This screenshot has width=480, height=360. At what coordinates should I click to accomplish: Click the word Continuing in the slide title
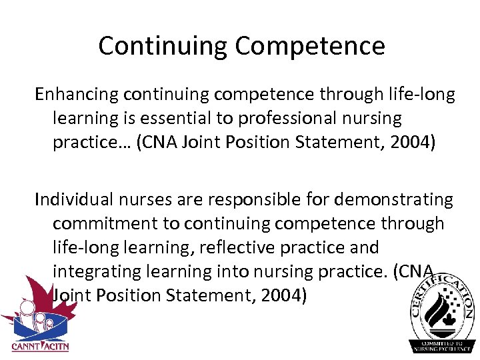point(163,46)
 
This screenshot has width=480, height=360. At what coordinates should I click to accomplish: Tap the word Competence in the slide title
point(310,46)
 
